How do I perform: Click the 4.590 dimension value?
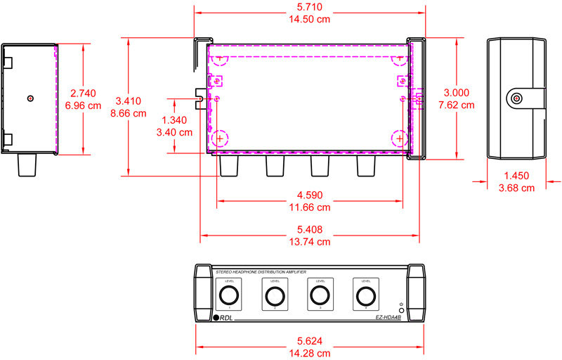tap(310, 195)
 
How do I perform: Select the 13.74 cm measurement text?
tap(310, 241)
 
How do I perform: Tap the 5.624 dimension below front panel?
tap(310, 340)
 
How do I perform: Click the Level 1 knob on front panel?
tap(228, 295)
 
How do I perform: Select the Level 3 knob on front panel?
tap(320, 295)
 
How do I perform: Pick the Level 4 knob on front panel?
tap(365, 295)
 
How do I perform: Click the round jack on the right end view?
tap(516, 98)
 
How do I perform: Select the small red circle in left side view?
tap(30, 98)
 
